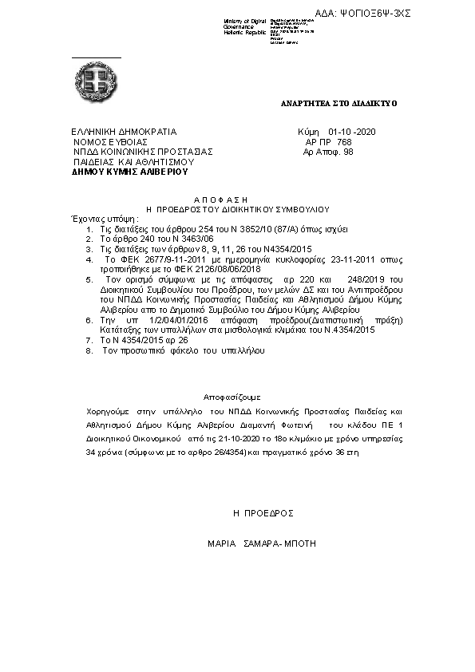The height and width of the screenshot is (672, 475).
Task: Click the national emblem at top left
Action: click(x=96, y=80)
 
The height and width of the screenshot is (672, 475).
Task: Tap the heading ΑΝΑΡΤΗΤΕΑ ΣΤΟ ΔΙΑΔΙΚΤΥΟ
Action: click(x=338, y=104)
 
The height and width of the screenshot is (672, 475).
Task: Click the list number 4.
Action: click(x=89, y=259)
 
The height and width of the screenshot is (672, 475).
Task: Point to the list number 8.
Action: click(x=89, y=350)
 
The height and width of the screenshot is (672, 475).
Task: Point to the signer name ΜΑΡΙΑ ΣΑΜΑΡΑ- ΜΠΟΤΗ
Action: click(x=261, y=543)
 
